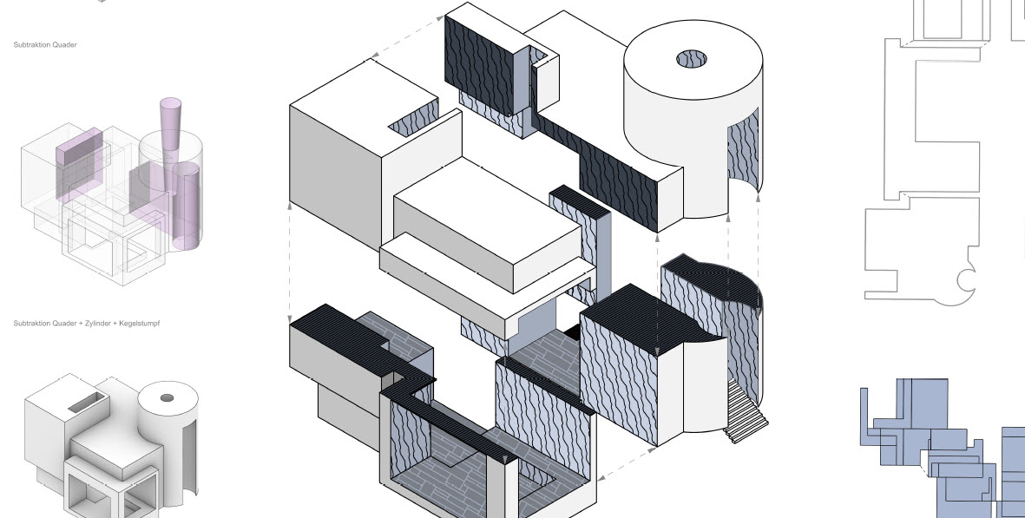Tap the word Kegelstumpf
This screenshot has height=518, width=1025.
(141, 323)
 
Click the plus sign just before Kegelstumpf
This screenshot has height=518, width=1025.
(116, 323)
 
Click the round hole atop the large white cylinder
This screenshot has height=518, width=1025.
(693, 59)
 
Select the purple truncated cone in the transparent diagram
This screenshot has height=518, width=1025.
(170, 130)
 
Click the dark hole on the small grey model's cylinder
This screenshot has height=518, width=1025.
(167, 398)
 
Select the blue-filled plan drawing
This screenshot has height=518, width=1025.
(937, 447)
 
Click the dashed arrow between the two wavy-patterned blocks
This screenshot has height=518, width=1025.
(614, 468)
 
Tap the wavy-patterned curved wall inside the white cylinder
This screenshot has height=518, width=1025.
(743, 153)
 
